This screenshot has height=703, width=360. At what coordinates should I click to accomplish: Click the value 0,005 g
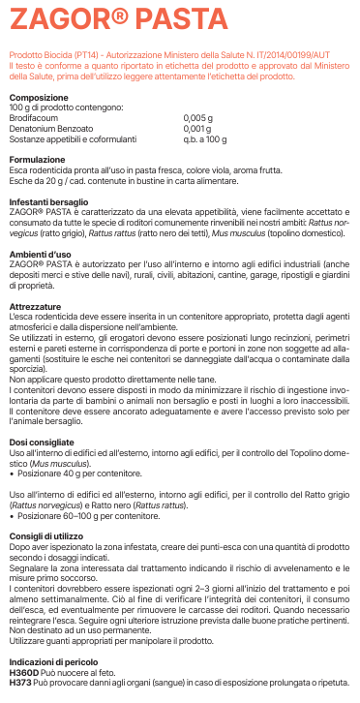(x=197, y=118)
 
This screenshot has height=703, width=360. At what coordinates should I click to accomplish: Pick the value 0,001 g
(x=196, y=128)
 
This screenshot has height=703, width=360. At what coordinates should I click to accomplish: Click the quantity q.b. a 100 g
(x=203, y=138)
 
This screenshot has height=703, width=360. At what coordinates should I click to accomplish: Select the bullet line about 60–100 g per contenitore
(x=77, y=516)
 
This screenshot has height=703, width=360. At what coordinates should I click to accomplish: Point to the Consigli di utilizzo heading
(x=45, y=535)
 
